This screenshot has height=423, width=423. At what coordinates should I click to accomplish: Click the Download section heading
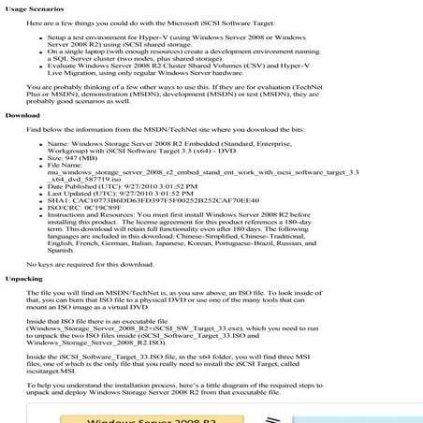click(x=22, y=114)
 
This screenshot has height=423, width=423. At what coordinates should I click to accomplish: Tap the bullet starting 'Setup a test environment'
click(x=187, y=39)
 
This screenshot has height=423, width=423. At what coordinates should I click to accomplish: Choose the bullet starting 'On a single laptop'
click(x=187, y=53)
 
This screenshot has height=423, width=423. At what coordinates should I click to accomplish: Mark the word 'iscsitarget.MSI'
click(x=55, y=372)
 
